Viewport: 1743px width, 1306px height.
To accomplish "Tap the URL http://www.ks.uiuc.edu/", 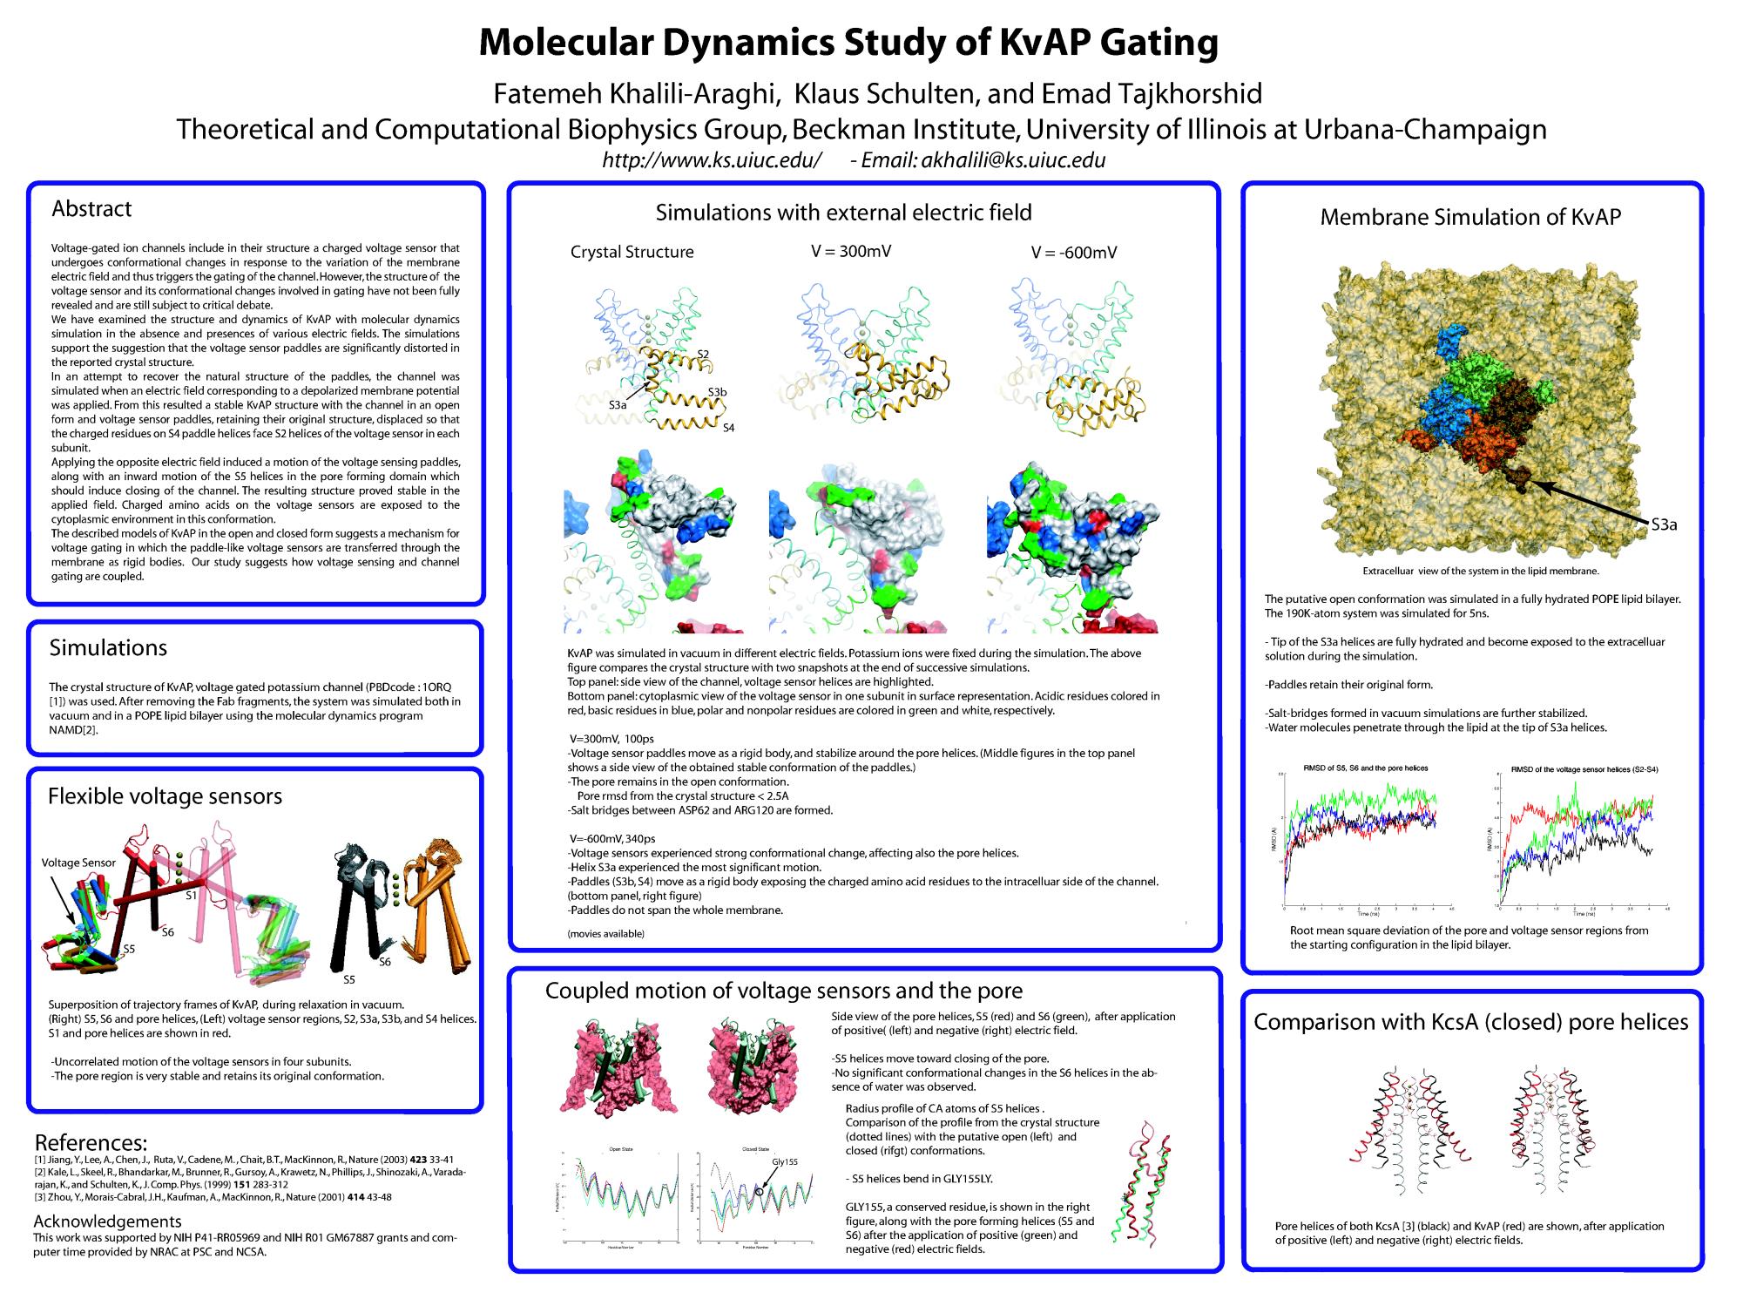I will tap(712, 160).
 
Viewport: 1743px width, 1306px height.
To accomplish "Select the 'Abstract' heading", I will tap(91, 209).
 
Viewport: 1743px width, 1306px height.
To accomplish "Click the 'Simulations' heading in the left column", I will tap(108, 648).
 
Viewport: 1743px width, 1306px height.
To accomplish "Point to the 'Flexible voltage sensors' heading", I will tap(165, 796).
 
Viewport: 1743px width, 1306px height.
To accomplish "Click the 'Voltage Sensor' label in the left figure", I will tap(78, 863).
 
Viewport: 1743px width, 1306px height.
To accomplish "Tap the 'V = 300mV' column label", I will tap(851, 252).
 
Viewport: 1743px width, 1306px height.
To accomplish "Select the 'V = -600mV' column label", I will tap(1073, 253).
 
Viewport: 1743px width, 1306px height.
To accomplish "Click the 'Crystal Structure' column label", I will tap(632, 253).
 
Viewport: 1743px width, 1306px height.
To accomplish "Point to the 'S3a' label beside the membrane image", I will tap(1664, 524).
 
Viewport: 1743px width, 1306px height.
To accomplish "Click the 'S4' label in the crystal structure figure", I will tap(728, 428).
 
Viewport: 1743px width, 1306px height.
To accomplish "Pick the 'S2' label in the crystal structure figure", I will tap(703, 353).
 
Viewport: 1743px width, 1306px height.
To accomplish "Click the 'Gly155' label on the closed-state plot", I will tap(784, 1162).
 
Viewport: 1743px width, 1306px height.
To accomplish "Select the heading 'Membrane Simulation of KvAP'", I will tap(1470, 218).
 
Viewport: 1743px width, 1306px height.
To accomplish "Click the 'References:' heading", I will tap(91, 1143).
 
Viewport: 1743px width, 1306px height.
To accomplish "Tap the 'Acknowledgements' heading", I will tap(107, 1221).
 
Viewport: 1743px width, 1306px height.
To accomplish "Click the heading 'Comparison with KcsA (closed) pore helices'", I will tap(1470, 1023).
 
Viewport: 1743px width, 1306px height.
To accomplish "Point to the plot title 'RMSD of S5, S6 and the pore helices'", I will tap(1365, 768).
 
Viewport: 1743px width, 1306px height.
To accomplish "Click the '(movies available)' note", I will tap(606, 934).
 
